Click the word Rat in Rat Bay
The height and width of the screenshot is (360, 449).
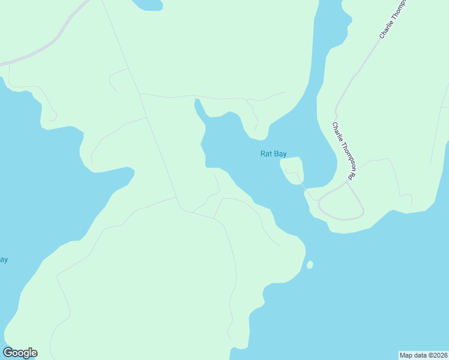coord(267,154)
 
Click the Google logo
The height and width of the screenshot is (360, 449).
coord(20,353)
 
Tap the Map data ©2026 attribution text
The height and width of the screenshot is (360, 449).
coord(424,355)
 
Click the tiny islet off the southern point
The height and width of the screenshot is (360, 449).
coord(310,265)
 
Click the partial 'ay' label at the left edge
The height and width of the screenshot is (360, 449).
coord(3,260)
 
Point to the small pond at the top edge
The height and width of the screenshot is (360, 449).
coord(148,5)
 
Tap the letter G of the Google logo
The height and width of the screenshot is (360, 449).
coord(8,353)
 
